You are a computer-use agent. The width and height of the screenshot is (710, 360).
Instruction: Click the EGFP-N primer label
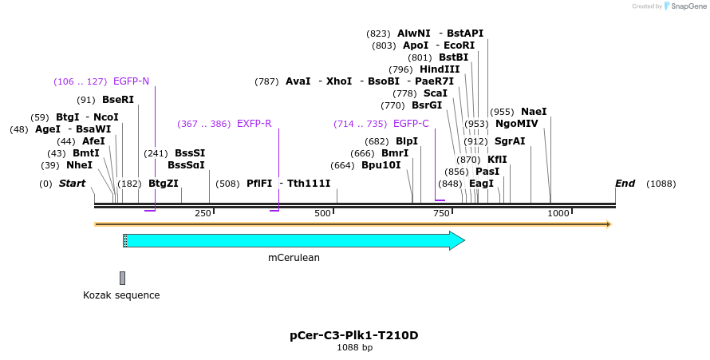click(x=131, y=81)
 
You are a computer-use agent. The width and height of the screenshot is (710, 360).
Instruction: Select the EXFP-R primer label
click(x=254, y=124)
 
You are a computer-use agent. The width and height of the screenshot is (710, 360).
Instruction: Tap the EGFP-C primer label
click(x=411, y=124)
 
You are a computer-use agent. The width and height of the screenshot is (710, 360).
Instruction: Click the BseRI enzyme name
click(x=118, y=100)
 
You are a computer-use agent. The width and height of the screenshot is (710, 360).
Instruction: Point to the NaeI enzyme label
click(x=534, y=112)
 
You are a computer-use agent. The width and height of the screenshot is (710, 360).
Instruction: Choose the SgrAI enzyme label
click(x=510, y=141)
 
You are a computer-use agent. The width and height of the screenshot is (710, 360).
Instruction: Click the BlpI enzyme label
click(x=407, y=141)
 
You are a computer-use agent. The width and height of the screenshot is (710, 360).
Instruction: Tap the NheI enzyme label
click(x=79, y=165)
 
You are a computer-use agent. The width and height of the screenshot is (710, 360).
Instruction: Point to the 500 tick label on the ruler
click(x=322, y=213)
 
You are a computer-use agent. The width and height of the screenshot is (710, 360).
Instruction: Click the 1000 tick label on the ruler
click(x=558, y=213)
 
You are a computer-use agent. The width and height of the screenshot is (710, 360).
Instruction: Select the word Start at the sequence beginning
click(x=72, y=184)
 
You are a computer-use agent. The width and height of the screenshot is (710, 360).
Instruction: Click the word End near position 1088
click(x=625, y=184)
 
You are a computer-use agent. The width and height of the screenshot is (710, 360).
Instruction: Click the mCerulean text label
click(x=294, y=258)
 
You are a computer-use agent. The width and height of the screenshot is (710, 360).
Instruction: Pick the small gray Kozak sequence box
click(x=122, y=278)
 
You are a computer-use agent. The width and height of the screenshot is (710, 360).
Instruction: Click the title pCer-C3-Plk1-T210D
click(x=353, y=335)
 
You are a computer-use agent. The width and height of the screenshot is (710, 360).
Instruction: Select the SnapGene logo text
click(x=687, y=6)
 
